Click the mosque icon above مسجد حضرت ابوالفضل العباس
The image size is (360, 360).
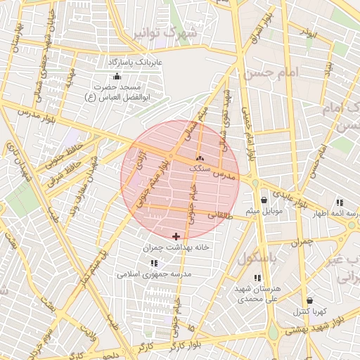tap(116, 77)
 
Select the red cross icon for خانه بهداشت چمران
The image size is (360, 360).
tap(175, 236)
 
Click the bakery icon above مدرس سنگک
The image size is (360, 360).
tap(201, 159)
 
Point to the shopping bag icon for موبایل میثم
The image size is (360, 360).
tap(264, 200)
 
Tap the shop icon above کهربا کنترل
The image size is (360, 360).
tap(309, 300)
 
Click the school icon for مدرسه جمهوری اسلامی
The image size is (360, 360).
tap(153, 263)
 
